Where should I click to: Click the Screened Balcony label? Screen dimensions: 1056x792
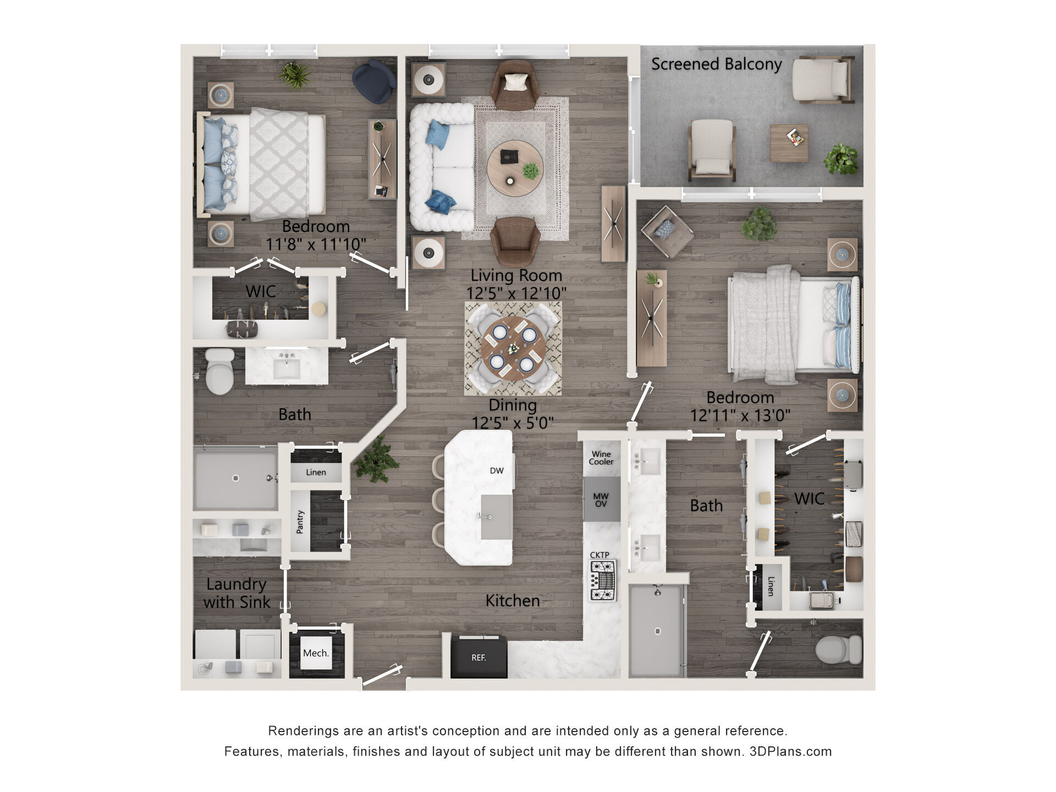(716, 64)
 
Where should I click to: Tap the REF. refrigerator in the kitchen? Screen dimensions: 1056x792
(479, 657)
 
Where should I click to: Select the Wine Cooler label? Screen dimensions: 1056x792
(601, 458)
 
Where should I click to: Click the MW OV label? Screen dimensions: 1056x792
(601, 500)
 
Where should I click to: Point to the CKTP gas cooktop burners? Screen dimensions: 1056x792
(603, 581)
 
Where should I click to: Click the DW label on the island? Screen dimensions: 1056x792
(497, 470)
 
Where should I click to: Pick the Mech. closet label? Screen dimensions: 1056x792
(316, 653)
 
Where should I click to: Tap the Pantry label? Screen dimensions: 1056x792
(300, 521)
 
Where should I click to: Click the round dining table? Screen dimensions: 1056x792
(513, 348)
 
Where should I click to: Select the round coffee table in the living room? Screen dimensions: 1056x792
(515, 168)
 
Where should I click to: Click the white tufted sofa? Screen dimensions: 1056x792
(441, 167)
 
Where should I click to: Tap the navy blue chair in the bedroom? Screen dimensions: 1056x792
(374, 82)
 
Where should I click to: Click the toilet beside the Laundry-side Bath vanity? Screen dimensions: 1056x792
(220, 371)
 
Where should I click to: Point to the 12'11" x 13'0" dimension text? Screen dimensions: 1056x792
(740, 415)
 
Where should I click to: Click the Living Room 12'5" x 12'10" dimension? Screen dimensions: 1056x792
(516, 293)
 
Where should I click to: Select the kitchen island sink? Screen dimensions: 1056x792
(497, 517)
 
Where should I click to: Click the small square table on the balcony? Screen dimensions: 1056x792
(789, 144)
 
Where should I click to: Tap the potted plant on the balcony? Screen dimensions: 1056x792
(841, 159)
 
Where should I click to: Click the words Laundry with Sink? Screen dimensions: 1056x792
(237, 593)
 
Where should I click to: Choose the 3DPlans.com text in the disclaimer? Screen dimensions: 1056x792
(790, 751)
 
